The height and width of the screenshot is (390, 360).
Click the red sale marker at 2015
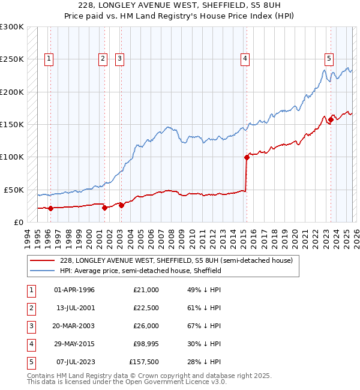pyautogui.click(x=247, y=158)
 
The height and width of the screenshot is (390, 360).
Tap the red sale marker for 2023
pyautogui.click(x=331, y=119)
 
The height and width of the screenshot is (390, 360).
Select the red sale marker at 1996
pyautogui.click(x=50, y=209)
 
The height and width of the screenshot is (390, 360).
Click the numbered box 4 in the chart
pyautogui.click(x=246, y=59)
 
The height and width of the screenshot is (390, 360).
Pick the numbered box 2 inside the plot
pyautogui.click(x=103, y=59)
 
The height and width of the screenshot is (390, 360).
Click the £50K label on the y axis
pyautogui.click(x=14, y=190)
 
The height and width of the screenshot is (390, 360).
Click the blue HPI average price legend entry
pyautogui.click(x=140, y=271)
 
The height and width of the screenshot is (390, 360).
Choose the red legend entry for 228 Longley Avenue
pyautogui.click(x=176, y=260)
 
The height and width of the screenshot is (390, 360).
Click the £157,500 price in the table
pyautogui.click(x=144, y=362)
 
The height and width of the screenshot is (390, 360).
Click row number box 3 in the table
pyautogui.click(x=30, y=326)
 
